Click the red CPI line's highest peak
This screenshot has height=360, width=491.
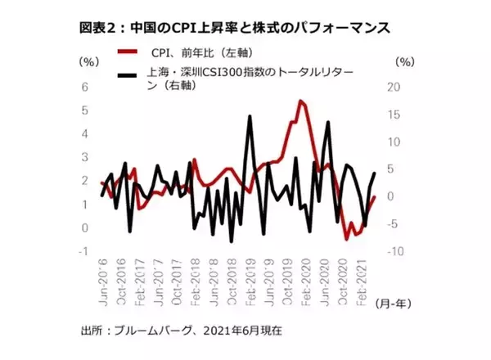(301, 101)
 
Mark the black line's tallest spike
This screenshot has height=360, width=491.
(249, 116)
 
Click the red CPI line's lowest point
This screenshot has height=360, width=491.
(347, 238)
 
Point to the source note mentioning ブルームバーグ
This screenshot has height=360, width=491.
(181, 331)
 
